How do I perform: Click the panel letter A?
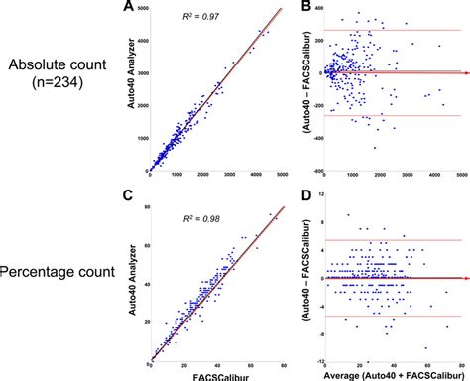156,8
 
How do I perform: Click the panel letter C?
156,195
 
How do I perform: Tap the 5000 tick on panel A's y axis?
143,9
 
